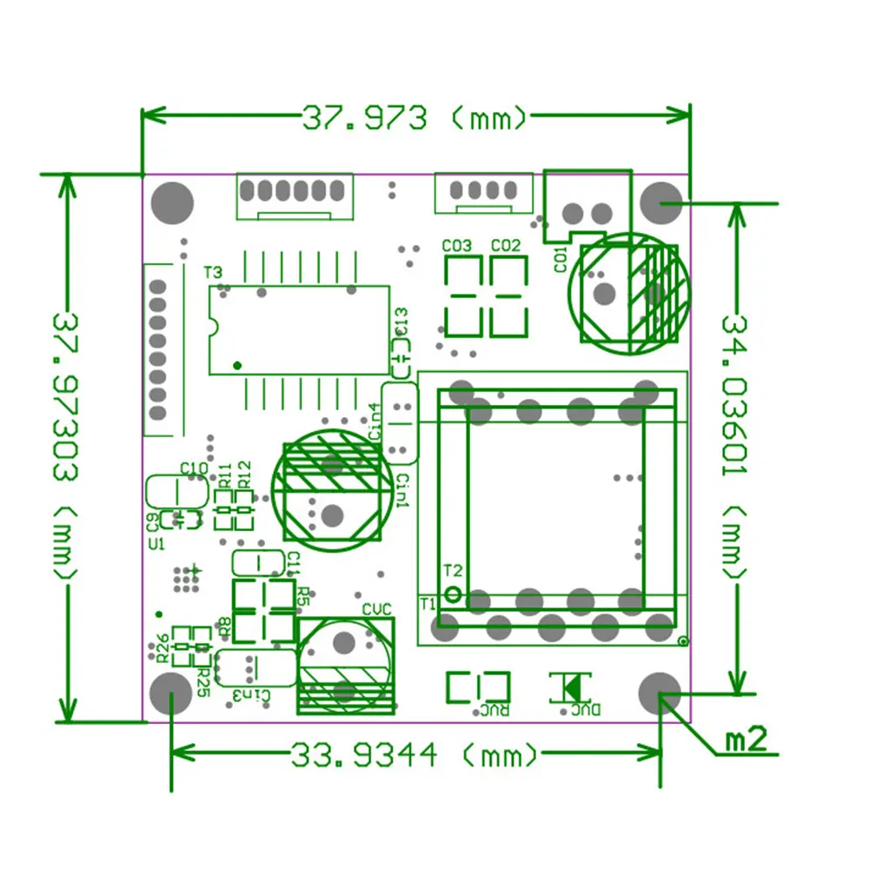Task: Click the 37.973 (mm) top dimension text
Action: [x=414, y=117]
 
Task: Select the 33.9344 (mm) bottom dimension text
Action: [x=414, y=755]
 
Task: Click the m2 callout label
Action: [x=746, y=740]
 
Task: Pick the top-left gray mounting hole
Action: [x=172, y=202]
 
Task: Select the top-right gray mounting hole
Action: [x=660, y=202]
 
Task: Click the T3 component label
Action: [x=213, y=273]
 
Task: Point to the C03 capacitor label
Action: [x=457, y=246]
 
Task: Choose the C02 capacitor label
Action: [x=506, y=246]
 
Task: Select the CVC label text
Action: [x=377, y=608]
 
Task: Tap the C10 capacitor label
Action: [x=193, y=468]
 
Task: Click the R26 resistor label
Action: [x=162, y=646]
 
